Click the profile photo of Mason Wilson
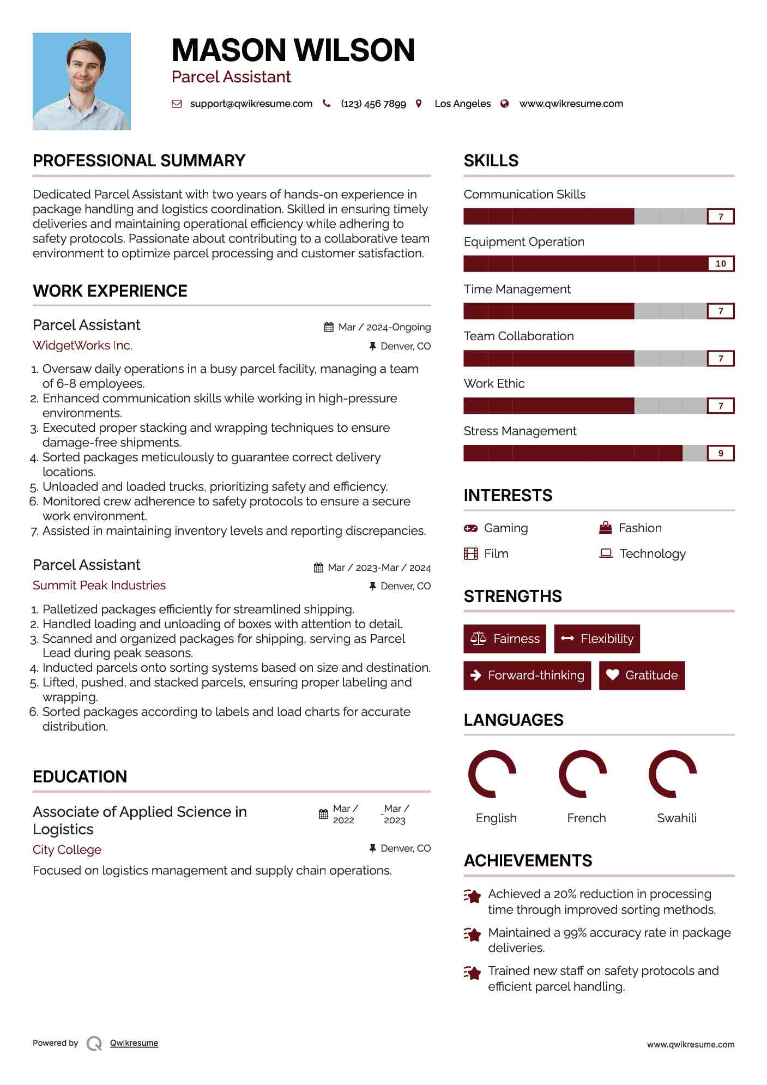[x=82, y=81]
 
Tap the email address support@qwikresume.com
[x=251, y=104]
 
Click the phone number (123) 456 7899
[x=373, y=104]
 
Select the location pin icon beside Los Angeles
[x=419, y=104]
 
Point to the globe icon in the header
[x=505, y=104]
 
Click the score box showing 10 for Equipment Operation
[x=720, y=264]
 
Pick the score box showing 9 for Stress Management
[x=720, y=453]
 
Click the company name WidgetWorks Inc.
[x=82, y=346]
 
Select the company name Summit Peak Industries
[x=99, y=586]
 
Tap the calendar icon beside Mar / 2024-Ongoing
[x=329, y=327]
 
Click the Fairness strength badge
[x=505, y=639]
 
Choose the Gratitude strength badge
[x=642, y=676]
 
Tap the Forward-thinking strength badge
[x=527, y=676]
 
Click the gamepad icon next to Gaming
[x=470, y=528]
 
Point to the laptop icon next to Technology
[x=606, y=553]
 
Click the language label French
[x=586, y=818]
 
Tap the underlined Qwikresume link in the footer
[x=134, y=1043]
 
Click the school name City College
[x=67, y=850]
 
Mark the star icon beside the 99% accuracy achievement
[x=472, y=935]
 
